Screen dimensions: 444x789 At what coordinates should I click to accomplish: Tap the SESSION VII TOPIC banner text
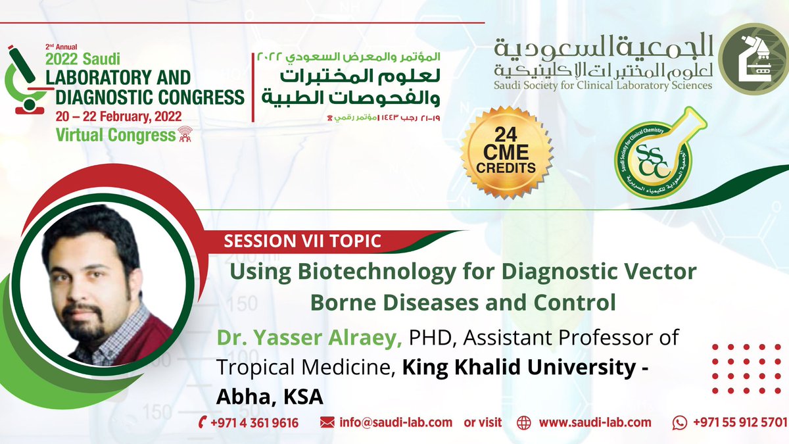coord(302,241)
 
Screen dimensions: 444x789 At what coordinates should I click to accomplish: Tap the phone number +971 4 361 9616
coord(254,422)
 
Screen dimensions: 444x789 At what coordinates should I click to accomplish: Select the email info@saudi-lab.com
coord(396,422)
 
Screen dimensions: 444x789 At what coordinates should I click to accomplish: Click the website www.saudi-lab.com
coord(595,422)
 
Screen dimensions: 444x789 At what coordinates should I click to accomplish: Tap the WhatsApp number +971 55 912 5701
coord(739,422)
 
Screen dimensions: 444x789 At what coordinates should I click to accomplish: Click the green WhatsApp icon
coord(680,423)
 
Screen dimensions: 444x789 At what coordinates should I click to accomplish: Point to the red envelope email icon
coord(327,423)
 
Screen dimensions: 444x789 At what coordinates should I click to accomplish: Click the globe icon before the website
coord(524,423)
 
